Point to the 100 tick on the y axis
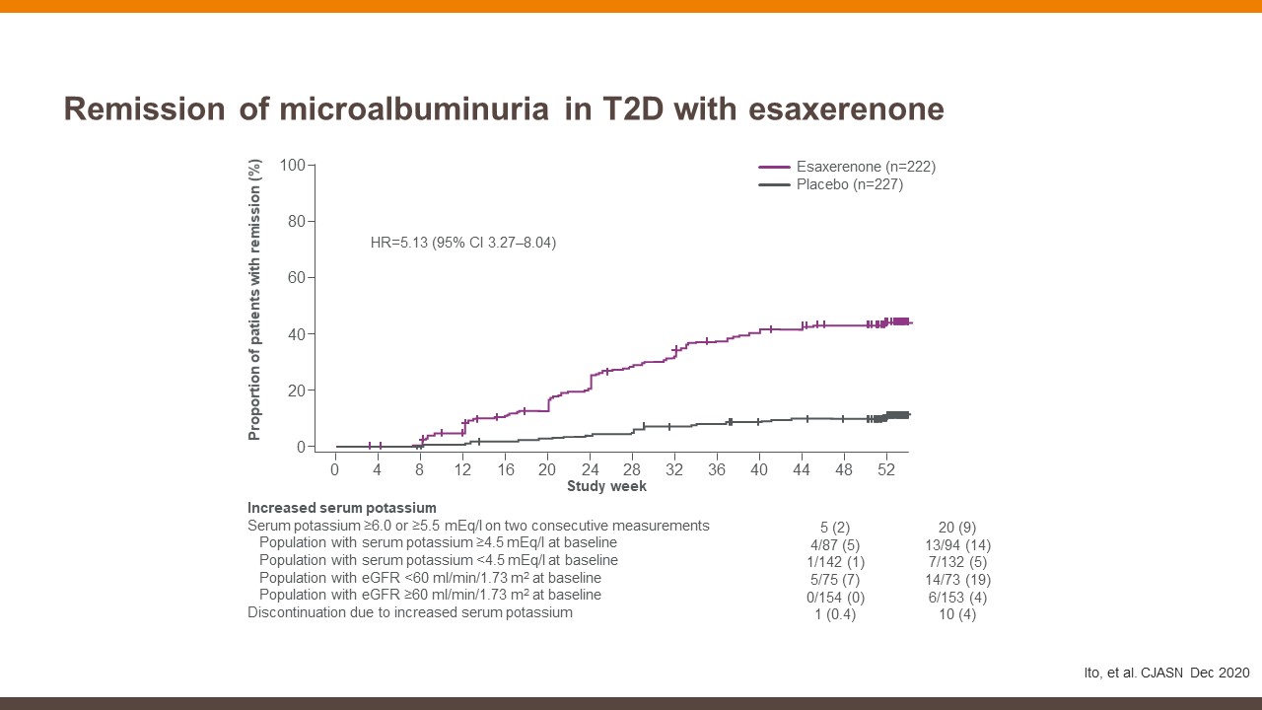(x=293, y=165)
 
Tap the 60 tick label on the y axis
(x=297, y=278)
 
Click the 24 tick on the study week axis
(x=590, y=469)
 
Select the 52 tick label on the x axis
(x=885, y=469)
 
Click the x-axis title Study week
(x=606, y=486)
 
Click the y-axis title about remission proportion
(x=254, y=299)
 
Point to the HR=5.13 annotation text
(x=462, y=242)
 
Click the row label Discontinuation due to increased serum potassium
(x=409, y=612)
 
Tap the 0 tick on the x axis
(x=335, y=469)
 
